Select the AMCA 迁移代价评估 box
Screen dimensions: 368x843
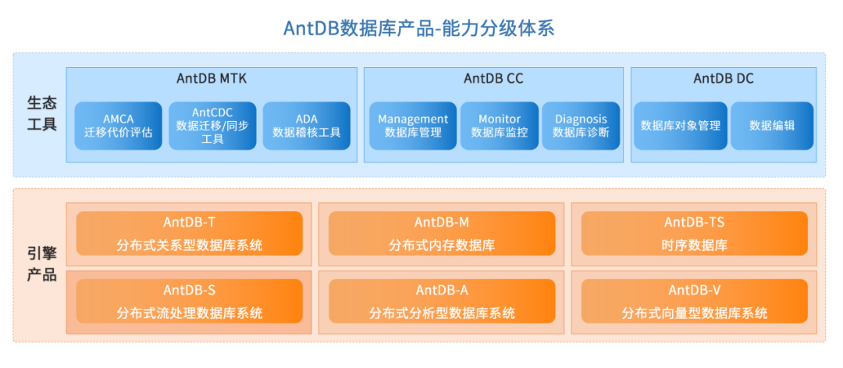(118, 126)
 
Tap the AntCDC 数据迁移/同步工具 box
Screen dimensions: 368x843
(212, 126)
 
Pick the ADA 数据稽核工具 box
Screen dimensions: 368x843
(307, 126)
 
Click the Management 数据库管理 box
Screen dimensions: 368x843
(413, 126)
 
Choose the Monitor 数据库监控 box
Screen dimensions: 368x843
(500, 126)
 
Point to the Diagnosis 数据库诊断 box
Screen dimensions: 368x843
(581, 126)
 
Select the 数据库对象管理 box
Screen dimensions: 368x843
(680, 126)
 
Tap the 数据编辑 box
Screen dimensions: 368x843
(772, 126)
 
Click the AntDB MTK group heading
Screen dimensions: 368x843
(212, 79)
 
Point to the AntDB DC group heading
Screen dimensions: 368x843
(724, 79)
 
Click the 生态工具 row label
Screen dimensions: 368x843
(41, 114)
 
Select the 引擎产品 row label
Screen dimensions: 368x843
(41, 265)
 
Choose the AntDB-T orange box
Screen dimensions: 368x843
(189, 234)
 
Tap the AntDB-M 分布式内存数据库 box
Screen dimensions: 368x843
(442, 234)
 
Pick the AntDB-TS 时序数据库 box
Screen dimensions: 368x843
(695, 234)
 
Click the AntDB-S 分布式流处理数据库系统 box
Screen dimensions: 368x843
(189, 302)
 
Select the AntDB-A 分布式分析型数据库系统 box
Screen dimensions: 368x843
(442, 302)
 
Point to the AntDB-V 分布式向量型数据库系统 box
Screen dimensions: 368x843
(695, 302)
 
